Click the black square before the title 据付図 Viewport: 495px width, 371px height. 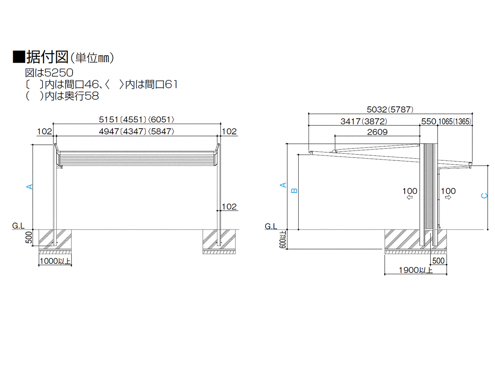[x=19, y=57]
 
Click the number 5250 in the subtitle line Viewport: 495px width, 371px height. [x=59, y=73]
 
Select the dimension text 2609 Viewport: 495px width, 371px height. [x=377, y=132]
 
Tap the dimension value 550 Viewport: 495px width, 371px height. [x=429, y=122]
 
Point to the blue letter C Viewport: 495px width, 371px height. [x=484, y=196]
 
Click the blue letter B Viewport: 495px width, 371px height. [x=294, y=190]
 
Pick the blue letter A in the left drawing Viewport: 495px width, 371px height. [x=30, y=187]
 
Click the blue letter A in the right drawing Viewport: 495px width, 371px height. [x=283, y=185]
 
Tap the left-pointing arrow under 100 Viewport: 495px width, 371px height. [x=410, y=197]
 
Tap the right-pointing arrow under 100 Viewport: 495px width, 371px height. [x=448, y=197]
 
